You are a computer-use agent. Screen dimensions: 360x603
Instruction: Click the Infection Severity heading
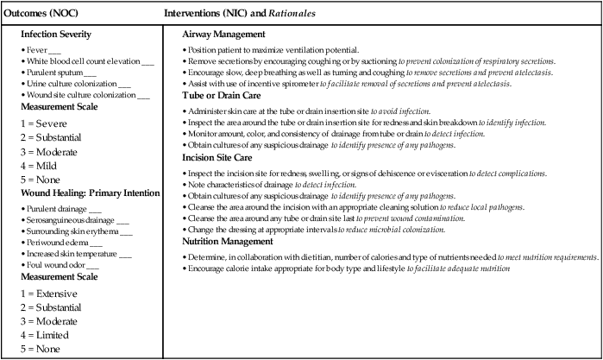click(x=68, y=34)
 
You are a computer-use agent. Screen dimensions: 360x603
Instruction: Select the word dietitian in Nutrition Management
click(x=321, y=257)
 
